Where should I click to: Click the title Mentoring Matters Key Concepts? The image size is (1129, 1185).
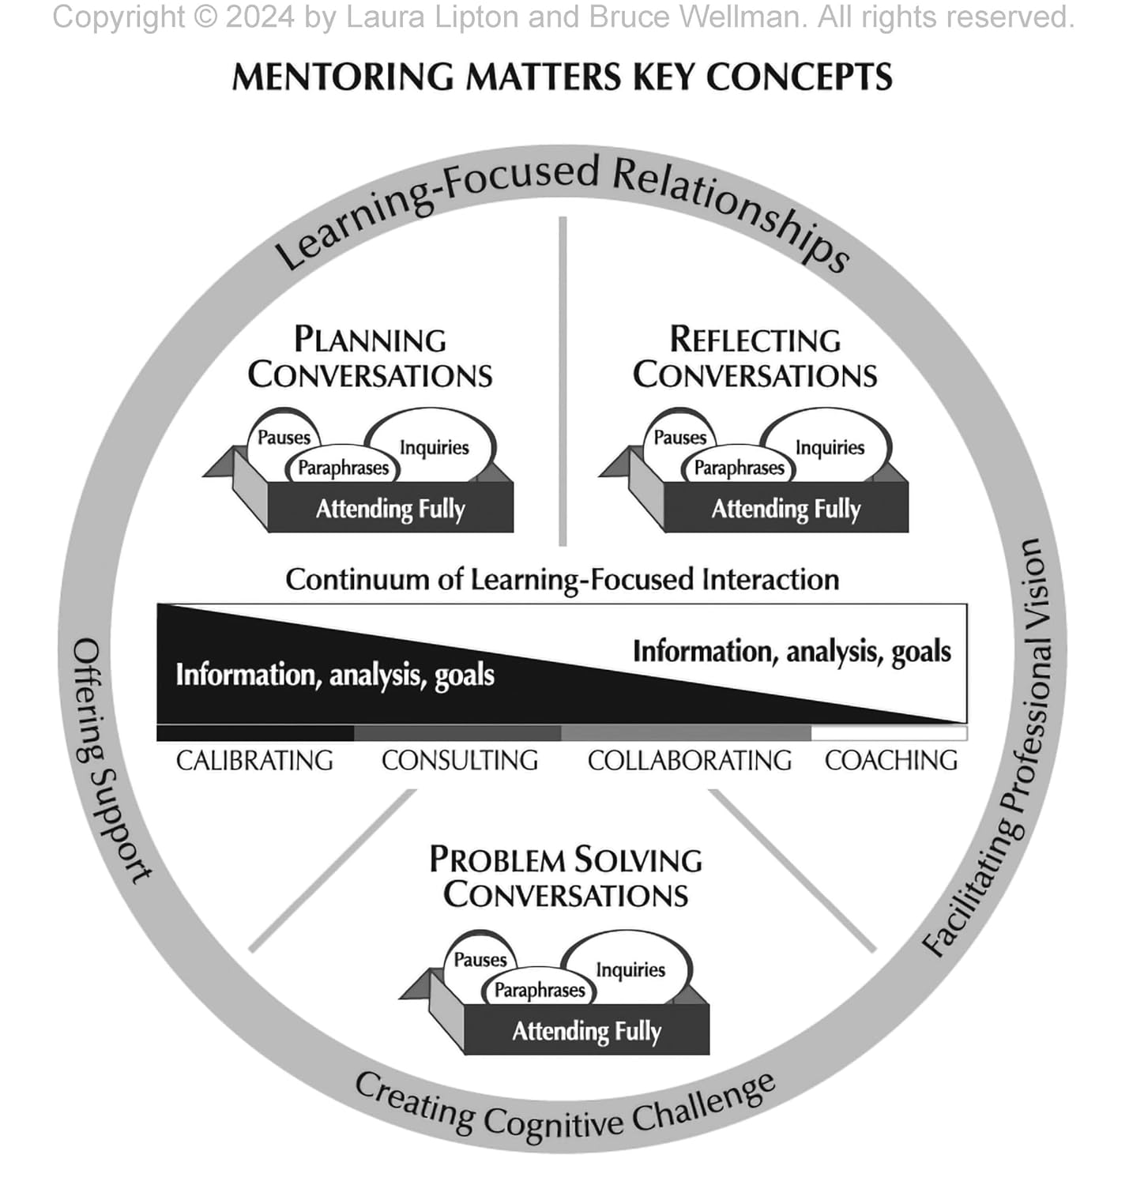[x=562, y=77]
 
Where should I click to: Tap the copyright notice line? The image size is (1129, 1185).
[x=563, y=17]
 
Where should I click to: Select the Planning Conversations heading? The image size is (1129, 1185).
[x=370, y=358]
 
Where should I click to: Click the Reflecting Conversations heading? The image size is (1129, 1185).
[x=755, y=358]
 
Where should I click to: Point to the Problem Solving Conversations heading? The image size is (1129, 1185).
[x=566, y=878]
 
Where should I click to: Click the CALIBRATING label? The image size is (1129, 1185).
[x=254, y=761]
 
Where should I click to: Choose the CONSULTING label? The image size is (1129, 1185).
[x=460, y=761]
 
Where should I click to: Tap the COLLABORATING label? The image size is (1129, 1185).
[x=690, y=761]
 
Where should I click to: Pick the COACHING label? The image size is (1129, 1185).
[x=891, y=761]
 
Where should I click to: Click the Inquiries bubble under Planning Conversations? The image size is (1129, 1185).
[x=434, y=447]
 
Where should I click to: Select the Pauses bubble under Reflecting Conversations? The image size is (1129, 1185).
[x=679, y=437]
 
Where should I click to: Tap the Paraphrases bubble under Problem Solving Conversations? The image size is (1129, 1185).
[x=540, y=990]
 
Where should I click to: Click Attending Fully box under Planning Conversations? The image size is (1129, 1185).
[x=390, y=509]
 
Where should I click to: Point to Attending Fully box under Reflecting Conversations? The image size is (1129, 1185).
[x=786, y=509]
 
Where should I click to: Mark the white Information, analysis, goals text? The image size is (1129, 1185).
[x=335, y=675]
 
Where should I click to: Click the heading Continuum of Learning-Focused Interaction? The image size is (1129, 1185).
[x=562, y=579]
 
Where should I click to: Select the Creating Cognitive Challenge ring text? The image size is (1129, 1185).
[x=564, y=1109]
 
